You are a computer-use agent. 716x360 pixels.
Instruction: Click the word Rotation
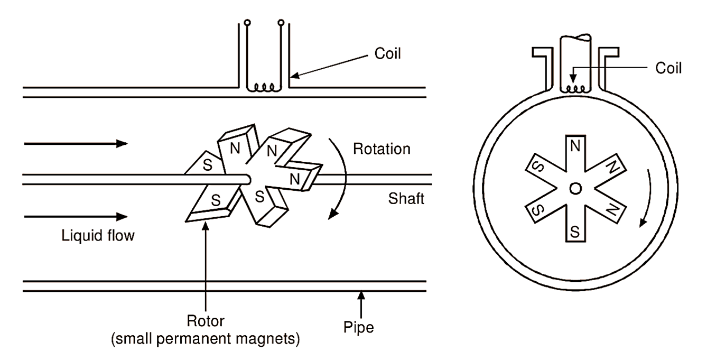point(382,149)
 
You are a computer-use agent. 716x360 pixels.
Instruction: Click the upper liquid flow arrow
point(76,143)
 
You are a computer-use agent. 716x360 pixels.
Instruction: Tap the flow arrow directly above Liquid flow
point(76,216)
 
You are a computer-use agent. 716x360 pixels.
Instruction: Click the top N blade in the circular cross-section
point(575,153)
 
